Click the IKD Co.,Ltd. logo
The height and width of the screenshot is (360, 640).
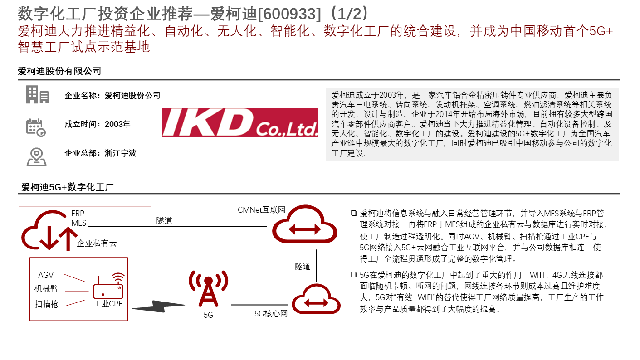(x=240, y=122)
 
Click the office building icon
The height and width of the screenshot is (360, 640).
(x=37, y=94)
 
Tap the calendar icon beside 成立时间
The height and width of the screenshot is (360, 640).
(x=36, y=127)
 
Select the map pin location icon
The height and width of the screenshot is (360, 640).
(x=36, y=157)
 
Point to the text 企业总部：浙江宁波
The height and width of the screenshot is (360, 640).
(x=100, y=153)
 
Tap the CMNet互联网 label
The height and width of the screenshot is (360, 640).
(x=261, y=210)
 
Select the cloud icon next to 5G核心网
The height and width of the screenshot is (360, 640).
(x=316, y=300)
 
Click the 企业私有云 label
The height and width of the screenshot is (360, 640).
(x=97, y=243)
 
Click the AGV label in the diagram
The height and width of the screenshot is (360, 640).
(x=46, y=275)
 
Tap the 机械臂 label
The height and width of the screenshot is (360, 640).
(x=46, y=289)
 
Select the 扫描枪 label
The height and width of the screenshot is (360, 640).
(x=46, y=304)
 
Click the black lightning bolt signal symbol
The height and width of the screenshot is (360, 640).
(x=159, y=306)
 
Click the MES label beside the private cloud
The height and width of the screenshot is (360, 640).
(x=79, y=223)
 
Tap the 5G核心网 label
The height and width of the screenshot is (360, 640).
(x=271, y=313)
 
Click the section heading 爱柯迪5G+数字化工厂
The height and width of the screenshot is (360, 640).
(x=68, y=187)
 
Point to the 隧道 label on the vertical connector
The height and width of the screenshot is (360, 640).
(x=303, y=266)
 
